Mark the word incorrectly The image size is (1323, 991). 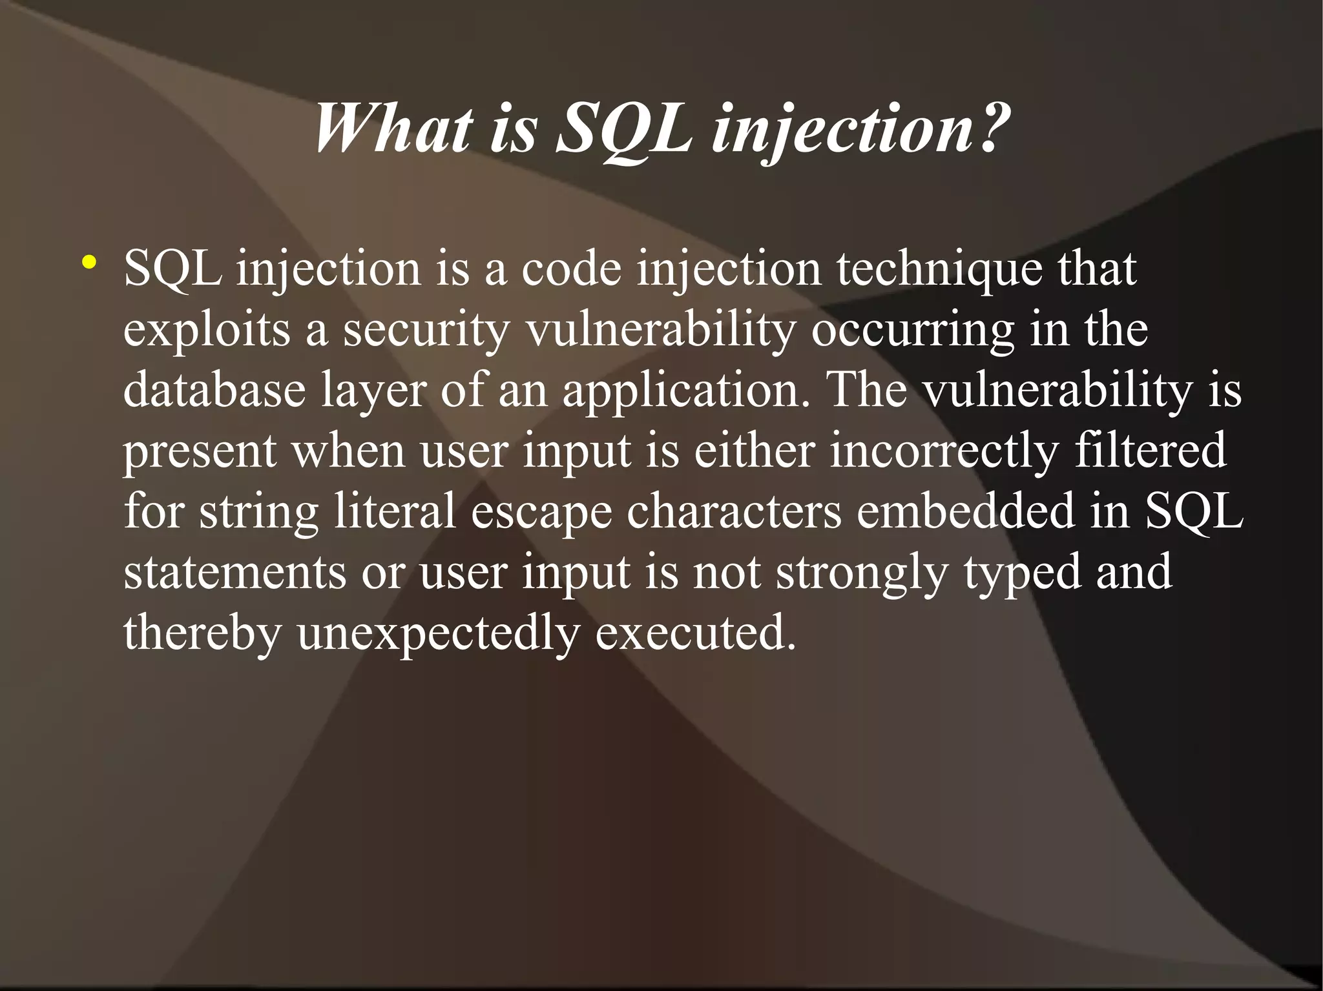[944, 451]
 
